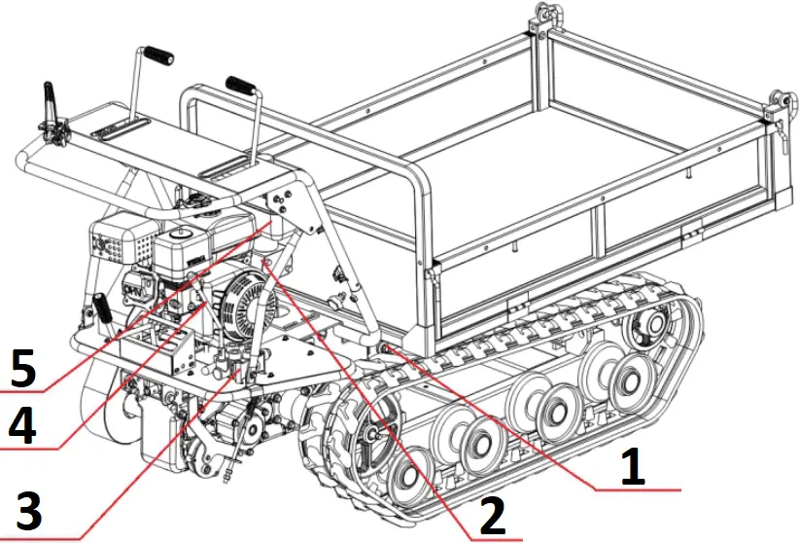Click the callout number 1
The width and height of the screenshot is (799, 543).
click(633, 465)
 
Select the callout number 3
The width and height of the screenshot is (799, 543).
click(30, 508)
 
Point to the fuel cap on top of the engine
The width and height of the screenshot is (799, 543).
click(181, 235)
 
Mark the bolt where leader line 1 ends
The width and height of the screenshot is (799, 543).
click(387, 348)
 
